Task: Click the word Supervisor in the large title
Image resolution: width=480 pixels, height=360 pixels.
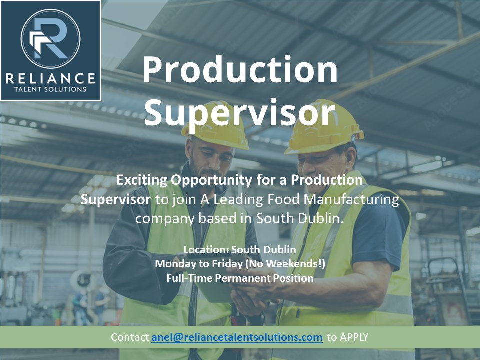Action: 240,113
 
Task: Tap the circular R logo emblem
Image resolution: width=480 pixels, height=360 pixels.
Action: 51,39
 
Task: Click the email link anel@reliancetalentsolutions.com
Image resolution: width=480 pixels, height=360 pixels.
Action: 237,337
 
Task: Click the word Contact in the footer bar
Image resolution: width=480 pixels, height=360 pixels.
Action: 130,337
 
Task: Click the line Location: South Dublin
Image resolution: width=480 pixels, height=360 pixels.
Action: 240,249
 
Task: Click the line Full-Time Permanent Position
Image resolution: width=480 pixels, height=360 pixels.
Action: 240,278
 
